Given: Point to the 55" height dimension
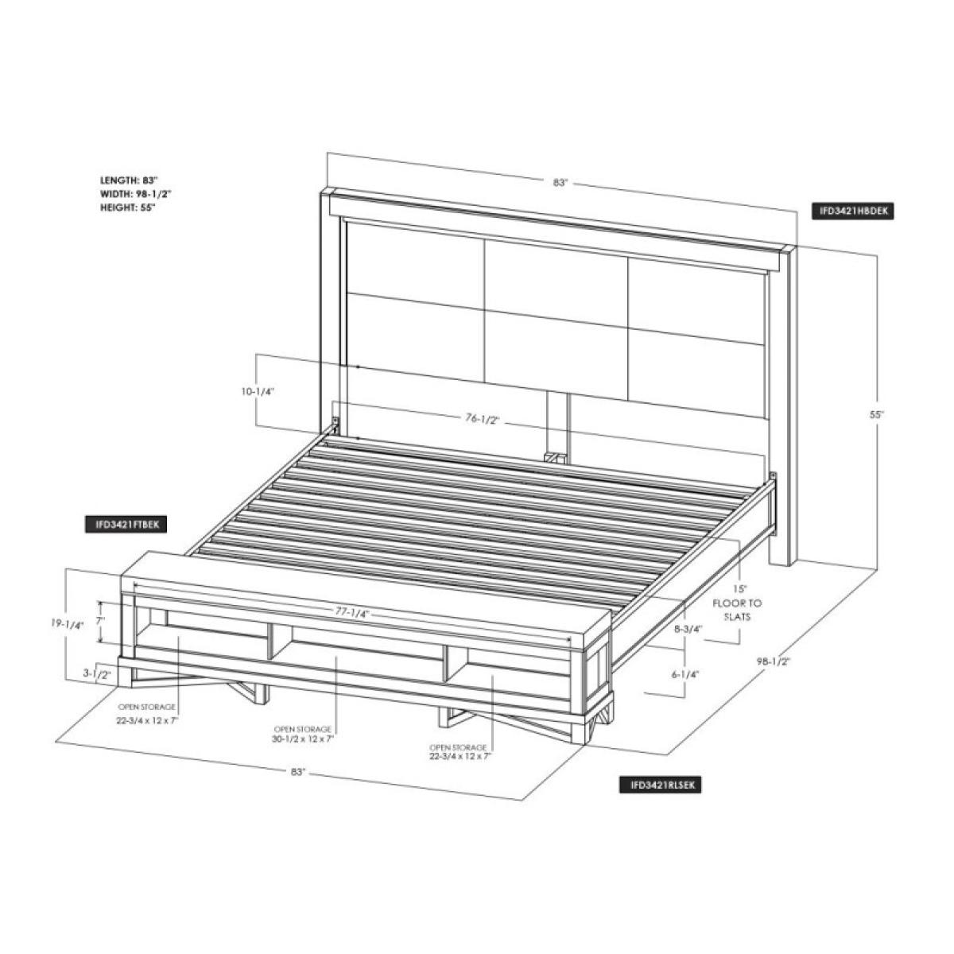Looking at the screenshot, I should [877, 415].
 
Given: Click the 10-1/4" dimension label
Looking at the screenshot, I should [259, 392].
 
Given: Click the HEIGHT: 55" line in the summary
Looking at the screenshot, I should [127, 207].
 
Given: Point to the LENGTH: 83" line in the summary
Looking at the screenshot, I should [128, 180].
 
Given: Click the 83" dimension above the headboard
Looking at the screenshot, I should [560, 183].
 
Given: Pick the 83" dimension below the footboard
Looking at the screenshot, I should [298, 771].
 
